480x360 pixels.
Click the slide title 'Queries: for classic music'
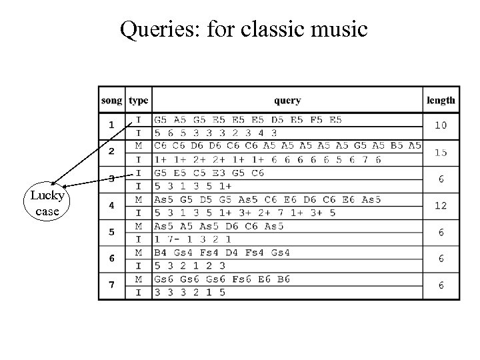click(x=243, y=29)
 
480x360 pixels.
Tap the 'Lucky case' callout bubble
click(x=46, y=203)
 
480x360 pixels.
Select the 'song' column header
click(x=112, y=101)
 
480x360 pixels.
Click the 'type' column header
click(x=139, y=101)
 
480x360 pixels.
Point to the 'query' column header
click(x=287, y=101)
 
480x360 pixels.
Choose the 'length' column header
click(x=441, y=101)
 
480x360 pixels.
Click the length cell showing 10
click(x=441, y=125)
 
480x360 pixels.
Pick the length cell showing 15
click(x=441, y=153)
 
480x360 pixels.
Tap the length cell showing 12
click(x=441, y=205)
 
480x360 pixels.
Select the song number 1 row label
click(x=111, y=125)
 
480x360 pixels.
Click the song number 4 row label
click(x=111, y=205)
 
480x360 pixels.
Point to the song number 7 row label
click(x=111, y=285)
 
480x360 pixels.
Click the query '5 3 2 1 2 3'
click(x=190, y=266)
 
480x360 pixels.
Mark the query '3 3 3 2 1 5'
click(x=190, y=293)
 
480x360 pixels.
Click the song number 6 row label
click(x=111, y=259)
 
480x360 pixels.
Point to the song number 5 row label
click(x=111, y=233)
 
